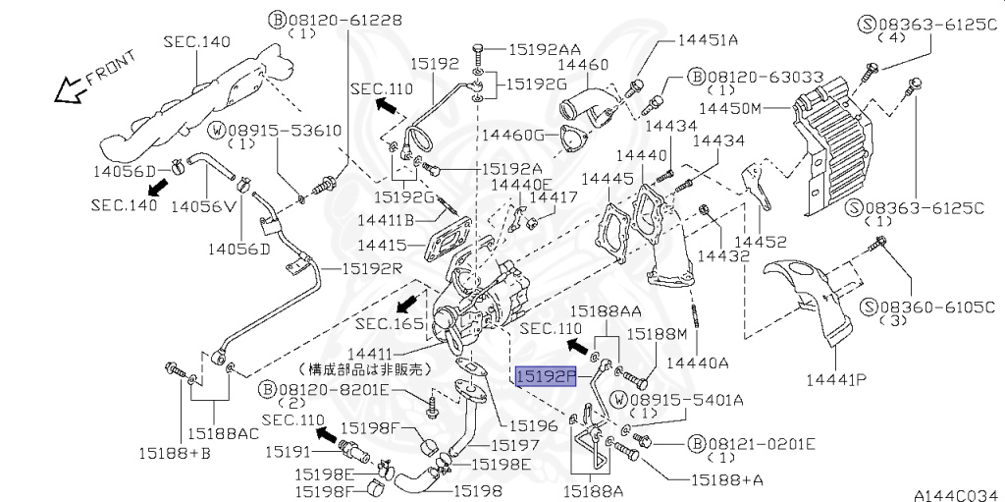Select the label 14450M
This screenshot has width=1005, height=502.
point(729,108)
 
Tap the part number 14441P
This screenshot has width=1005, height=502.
point(836,380)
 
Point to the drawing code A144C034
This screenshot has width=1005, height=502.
point(959,495)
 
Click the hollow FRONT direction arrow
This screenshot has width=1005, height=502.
point(71,90)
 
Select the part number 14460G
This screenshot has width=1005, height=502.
point(512,135)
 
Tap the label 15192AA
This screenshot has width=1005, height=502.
point(545,49)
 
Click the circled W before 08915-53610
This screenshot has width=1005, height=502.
point(218,131)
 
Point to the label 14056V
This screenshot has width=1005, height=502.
point(203,206)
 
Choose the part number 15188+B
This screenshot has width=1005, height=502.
point(175,453)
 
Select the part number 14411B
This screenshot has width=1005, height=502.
point(387,220)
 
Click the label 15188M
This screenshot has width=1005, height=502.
point(657,334)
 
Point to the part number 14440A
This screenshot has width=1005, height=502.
point(698,363)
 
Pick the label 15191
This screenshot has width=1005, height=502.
point(288,453)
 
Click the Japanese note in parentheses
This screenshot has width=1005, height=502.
point(364,369)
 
